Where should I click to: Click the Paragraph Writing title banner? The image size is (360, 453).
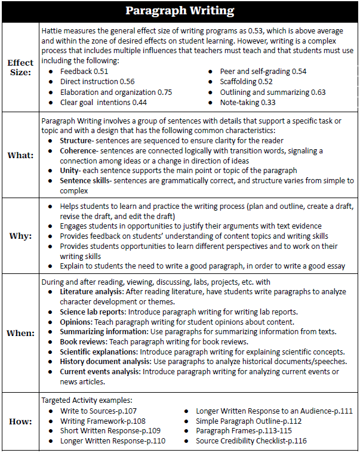tap(180, 11)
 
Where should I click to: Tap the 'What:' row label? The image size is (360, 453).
tap(21, 155)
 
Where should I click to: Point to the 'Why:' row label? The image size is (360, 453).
tap(21, 236)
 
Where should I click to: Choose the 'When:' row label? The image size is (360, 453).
tap(21, 333)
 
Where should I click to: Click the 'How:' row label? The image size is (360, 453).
tap(21, 421)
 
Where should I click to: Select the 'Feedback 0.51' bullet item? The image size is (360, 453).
tap(84, 72)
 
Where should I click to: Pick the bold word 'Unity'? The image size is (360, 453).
tap(70, 170)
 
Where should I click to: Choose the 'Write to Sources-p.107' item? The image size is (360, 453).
tap(99, 411)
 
